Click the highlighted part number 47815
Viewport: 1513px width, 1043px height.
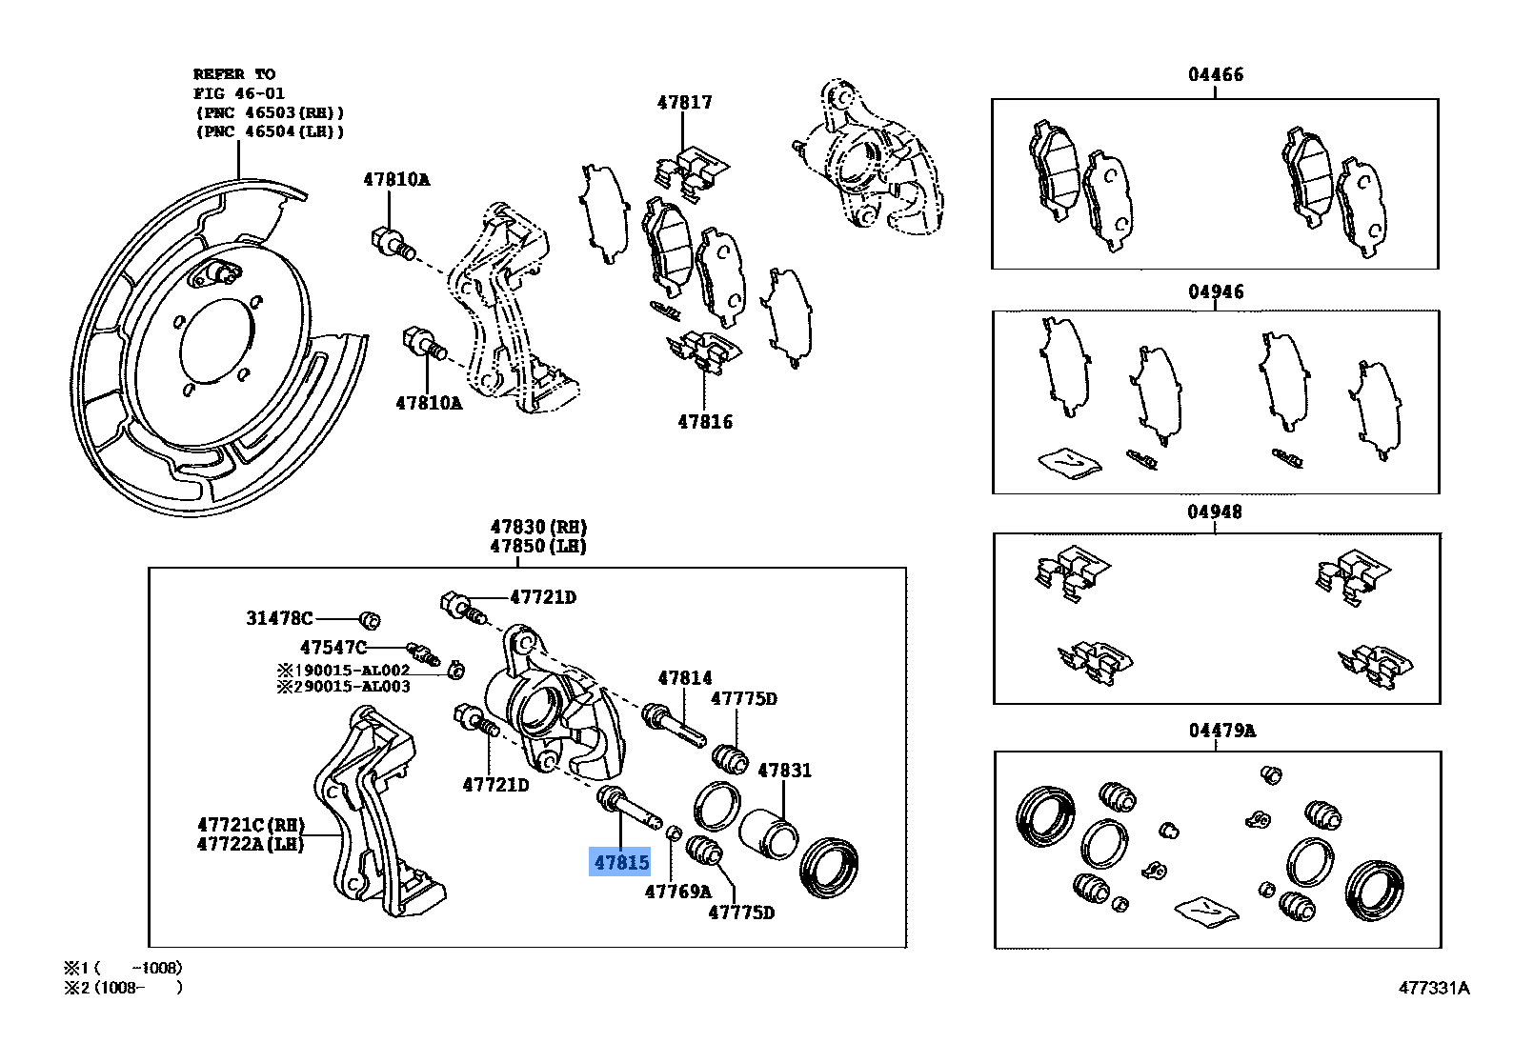620,862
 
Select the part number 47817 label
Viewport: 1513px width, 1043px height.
683,102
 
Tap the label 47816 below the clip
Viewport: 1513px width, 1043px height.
705,421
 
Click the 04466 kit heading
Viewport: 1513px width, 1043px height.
1215,74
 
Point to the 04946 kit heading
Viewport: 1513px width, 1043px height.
1215,291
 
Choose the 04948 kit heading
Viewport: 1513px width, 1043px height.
1215,511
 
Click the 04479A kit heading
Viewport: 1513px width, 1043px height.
1221,731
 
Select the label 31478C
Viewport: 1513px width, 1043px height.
279,618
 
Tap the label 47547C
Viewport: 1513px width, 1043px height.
333,648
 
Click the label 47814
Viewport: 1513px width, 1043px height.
684,678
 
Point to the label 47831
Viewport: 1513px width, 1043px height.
783,770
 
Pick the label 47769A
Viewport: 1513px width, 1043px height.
677,892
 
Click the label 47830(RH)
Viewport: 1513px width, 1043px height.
538,527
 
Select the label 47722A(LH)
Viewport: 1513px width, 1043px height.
250,843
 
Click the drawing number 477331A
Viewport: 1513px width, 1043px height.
1433,988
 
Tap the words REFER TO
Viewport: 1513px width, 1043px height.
234,73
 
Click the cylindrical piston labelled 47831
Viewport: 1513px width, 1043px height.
769,833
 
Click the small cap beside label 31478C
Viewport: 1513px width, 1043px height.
372,620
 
